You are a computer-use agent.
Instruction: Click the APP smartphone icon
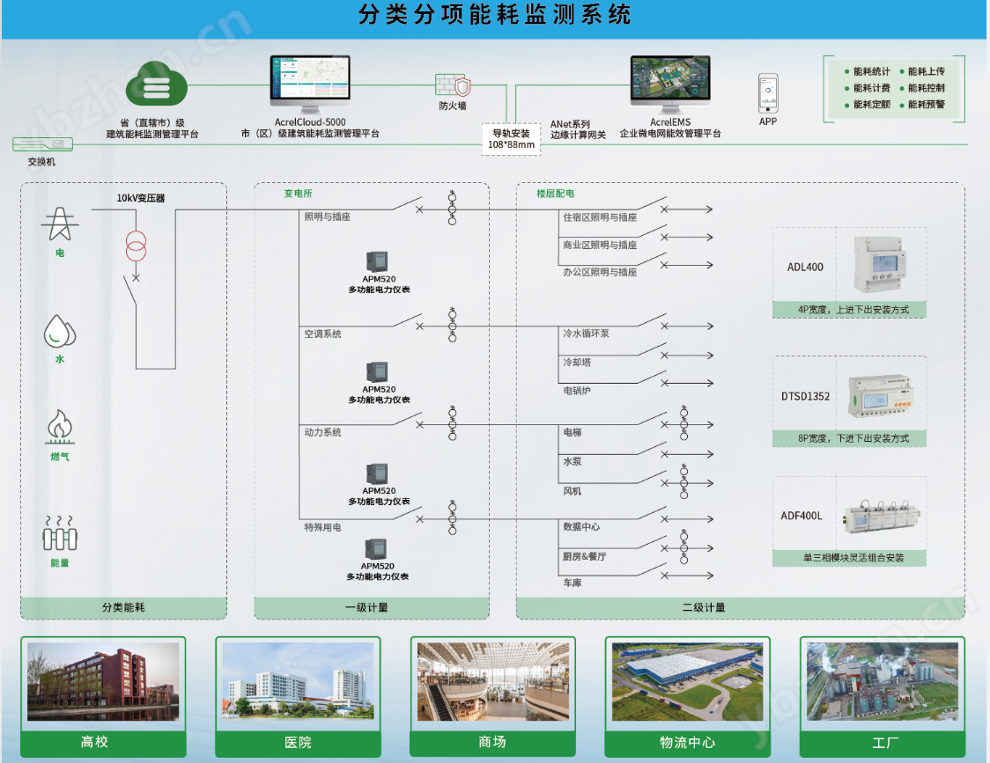[768, 92]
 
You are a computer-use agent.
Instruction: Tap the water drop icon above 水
[60, 332]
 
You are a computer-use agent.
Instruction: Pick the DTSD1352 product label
[805, 396]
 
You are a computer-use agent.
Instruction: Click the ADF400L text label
[802, 516]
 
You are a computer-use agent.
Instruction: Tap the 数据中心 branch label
[581, 526]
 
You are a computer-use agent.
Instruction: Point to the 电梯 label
[573, 432]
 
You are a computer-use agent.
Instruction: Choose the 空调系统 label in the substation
[322, 334]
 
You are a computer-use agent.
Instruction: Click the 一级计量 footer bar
[372, 607]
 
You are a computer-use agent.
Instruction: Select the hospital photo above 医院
[298, 682]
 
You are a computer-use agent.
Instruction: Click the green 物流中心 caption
[687, 742]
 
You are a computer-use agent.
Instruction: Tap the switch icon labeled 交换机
[41, 145]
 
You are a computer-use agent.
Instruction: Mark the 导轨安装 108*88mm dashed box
[511, 139]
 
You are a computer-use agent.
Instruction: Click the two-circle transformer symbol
[136, 248]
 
